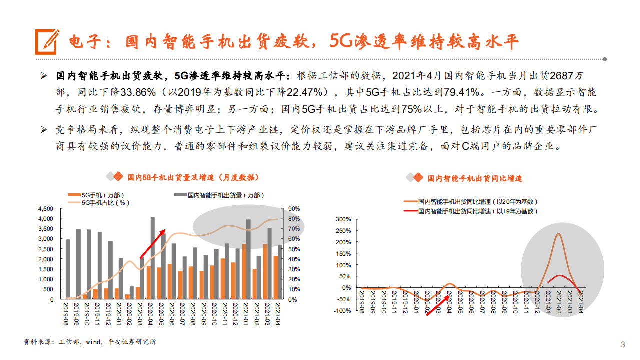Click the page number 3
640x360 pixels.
coord(623,344)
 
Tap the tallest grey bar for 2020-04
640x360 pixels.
coord(152,258)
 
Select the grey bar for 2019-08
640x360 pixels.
coord(68,269)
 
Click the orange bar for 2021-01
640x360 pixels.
coord(244,271)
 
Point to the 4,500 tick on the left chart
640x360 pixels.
coord(45,209)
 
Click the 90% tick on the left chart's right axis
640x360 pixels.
coord(294,209)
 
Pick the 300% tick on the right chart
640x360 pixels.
coord(344,219)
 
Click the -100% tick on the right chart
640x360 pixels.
coord(343,311)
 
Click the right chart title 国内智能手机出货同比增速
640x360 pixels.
coord(474,178)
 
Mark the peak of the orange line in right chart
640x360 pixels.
coord(557,234)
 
